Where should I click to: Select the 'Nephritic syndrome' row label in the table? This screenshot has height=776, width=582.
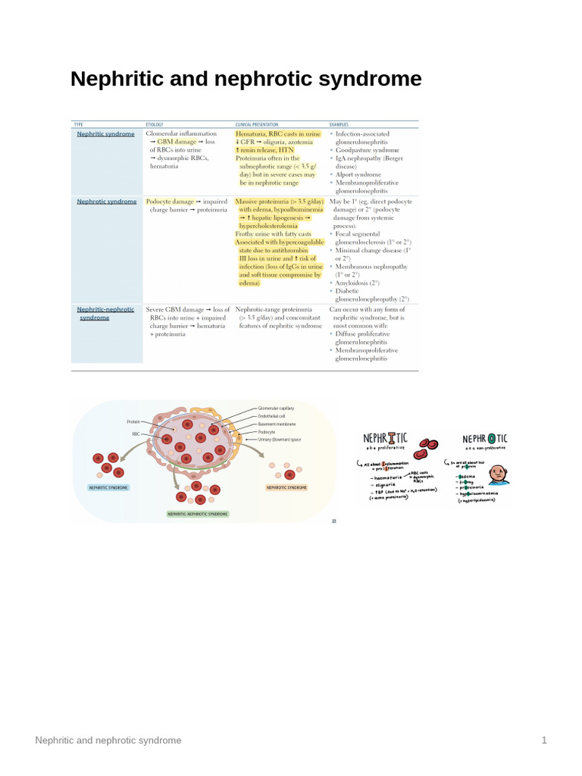[105, 133]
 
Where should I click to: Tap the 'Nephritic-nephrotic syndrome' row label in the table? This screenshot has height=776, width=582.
[105, 314]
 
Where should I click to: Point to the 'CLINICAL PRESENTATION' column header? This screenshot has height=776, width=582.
[257, 124]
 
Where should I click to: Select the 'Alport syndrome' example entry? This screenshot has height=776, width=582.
[360, 174]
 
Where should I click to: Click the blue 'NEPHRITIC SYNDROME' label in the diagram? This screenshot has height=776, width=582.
[108, 487]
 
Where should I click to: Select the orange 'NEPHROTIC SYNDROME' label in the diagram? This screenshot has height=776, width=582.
[286, 487]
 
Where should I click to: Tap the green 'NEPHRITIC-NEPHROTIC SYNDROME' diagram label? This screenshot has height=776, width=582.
[197, 513]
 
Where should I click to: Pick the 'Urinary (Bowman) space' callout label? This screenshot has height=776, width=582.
[284, 440]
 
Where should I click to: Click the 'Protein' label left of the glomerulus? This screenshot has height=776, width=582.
[133, 421]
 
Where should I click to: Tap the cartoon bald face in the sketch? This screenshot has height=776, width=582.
[497, 475]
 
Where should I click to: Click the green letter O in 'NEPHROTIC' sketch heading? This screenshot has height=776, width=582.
[493, 439]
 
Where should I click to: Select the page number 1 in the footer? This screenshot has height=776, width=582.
[544, 740]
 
